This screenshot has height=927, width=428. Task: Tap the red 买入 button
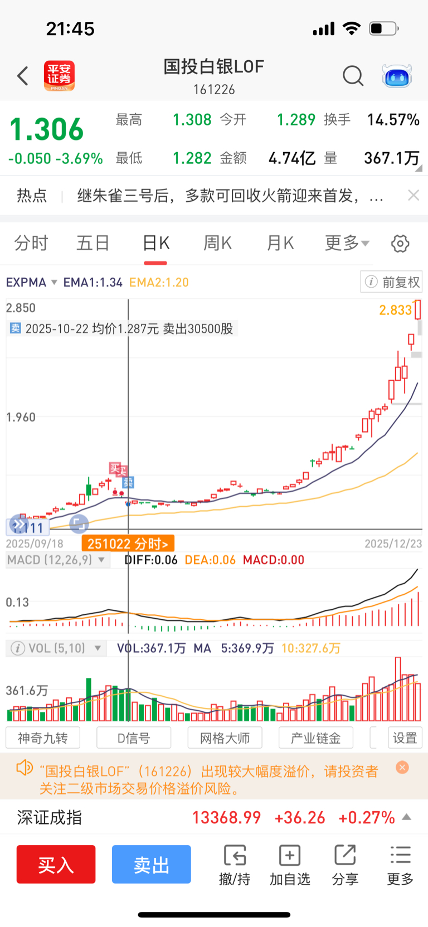(x=56, y=864)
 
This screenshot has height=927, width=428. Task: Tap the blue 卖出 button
(x=151, y=864)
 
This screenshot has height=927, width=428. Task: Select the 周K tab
(x=217, y=243)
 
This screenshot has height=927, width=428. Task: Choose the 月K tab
(x=280, y=243)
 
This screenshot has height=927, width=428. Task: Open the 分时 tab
(x=31, y=243)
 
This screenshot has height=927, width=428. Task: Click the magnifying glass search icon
(x=353, y=75)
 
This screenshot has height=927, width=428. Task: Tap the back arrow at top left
(x=23, y=75)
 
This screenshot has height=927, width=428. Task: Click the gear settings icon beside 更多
(x=400, y=244)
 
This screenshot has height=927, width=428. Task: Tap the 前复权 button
(x=392, y=282)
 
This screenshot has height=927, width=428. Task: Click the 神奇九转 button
(x=43, y=738)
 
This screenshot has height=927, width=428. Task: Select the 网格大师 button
(x=225, y=738)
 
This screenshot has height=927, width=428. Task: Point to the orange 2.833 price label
(x=395, y=310)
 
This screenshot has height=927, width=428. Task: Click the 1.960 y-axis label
(x=21, y=417)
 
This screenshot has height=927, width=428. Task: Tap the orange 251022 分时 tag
(x=128, y=543)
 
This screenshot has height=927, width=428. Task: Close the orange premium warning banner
(x=402, y=768)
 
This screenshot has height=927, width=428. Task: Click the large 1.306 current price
(x=47, y=129)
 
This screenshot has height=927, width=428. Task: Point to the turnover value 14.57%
(x=393, y=120)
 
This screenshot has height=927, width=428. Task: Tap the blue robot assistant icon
(x=397, y=76)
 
